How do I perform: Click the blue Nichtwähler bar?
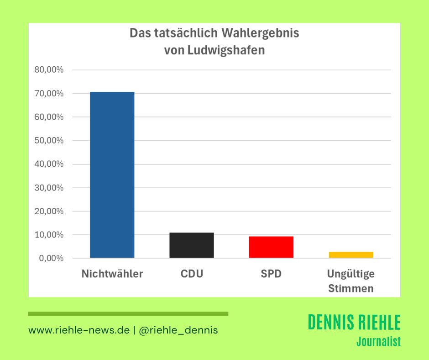tap(112, 175)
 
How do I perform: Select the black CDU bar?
tap(191, 245)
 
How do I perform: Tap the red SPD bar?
tap(271, 247)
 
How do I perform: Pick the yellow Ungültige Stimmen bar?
tap(351, 255)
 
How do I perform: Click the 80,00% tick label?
tap(49, 70)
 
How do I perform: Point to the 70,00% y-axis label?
tap(49, 93)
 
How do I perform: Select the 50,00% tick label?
tap(49, 141)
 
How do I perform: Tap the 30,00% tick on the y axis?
tap(49, 188)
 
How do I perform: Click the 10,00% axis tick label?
tap(49, 235)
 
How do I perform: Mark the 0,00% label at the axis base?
tap(51, 259)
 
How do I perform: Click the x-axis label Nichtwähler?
tap(112, 274)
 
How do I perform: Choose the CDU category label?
tap(192, 274)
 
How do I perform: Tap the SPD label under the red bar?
tap(271, 274)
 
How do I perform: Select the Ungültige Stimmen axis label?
tap(351, 281)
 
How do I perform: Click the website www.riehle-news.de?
tap(79, 330)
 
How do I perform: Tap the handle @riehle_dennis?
tap(178, 330)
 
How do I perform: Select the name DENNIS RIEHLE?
tap(354, 323)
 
